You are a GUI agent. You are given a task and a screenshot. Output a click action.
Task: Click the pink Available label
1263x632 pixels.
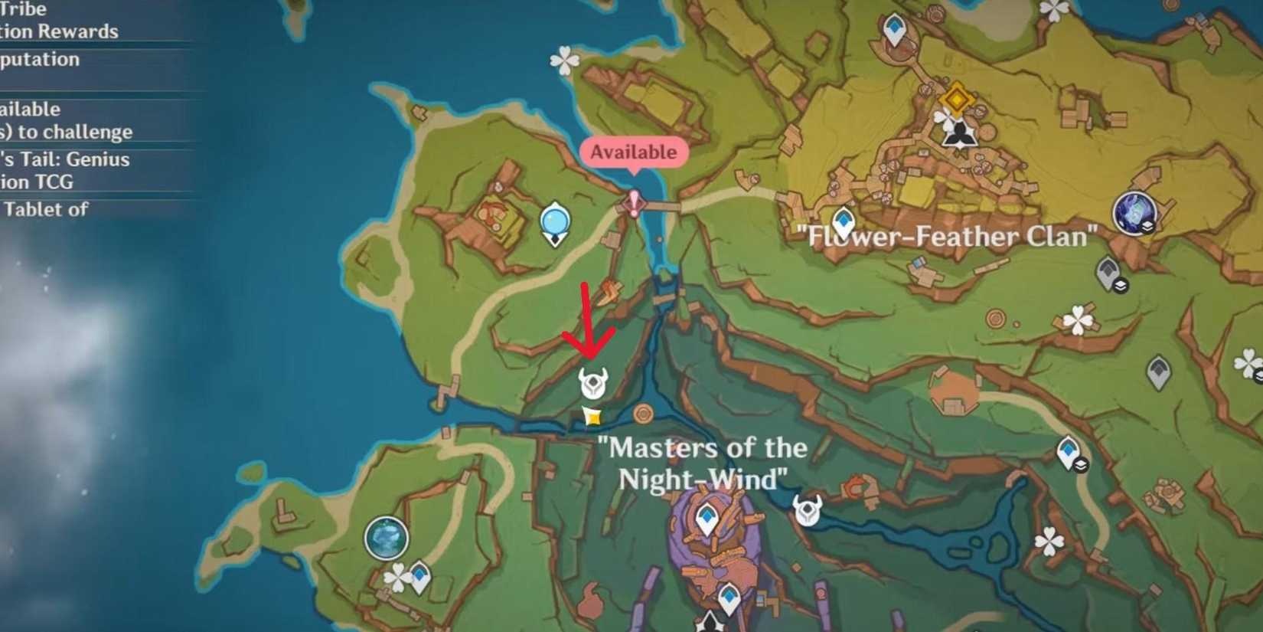coord(633,152)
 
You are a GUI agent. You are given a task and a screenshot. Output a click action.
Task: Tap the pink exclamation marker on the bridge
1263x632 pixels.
coord(634,204)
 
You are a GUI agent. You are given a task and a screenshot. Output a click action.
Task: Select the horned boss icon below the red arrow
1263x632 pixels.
coord(592,382)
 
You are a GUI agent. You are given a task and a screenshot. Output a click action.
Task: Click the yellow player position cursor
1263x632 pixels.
coord(592,416)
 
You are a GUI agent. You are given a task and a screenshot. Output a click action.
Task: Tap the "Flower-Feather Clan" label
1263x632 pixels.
coord(948,236)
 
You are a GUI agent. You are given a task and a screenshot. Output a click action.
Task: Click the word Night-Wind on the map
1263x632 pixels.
coord(702,480)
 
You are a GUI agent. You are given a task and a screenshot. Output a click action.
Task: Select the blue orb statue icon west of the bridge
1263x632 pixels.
coord(554,223)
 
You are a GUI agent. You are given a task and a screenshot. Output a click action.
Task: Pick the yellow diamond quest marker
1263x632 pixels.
coord(956,99)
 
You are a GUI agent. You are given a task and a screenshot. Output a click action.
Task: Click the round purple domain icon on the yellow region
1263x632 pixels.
coord(1134,212)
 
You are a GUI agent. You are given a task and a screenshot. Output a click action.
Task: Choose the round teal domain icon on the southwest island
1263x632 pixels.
coord(387,538)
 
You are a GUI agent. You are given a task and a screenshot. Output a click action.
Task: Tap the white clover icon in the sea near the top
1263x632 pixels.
coord(565,61)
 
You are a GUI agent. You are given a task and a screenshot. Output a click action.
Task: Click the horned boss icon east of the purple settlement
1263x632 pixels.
coord(808,509)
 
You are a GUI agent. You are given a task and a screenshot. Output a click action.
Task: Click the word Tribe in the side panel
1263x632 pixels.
coord(24,9)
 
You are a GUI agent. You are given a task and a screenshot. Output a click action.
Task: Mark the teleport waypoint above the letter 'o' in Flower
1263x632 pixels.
coord(843,222)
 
